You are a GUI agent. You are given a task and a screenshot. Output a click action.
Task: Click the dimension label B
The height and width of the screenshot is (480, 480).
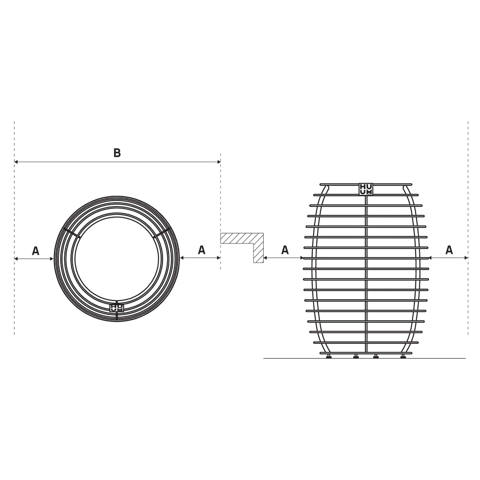[x=117, y=153]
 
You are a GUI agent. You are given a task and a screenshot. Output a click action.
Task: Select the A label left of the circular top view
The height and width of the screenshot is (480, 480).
[x=36, y=251]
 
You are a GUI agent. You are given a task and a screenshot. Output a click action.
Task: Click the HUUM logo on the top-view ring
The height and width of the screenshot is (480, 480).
[x=117, y=308]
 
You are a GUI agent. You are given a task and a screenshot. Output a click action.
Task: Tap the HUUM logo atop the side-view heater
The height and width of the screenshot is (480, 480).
[x=366, y=189]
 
